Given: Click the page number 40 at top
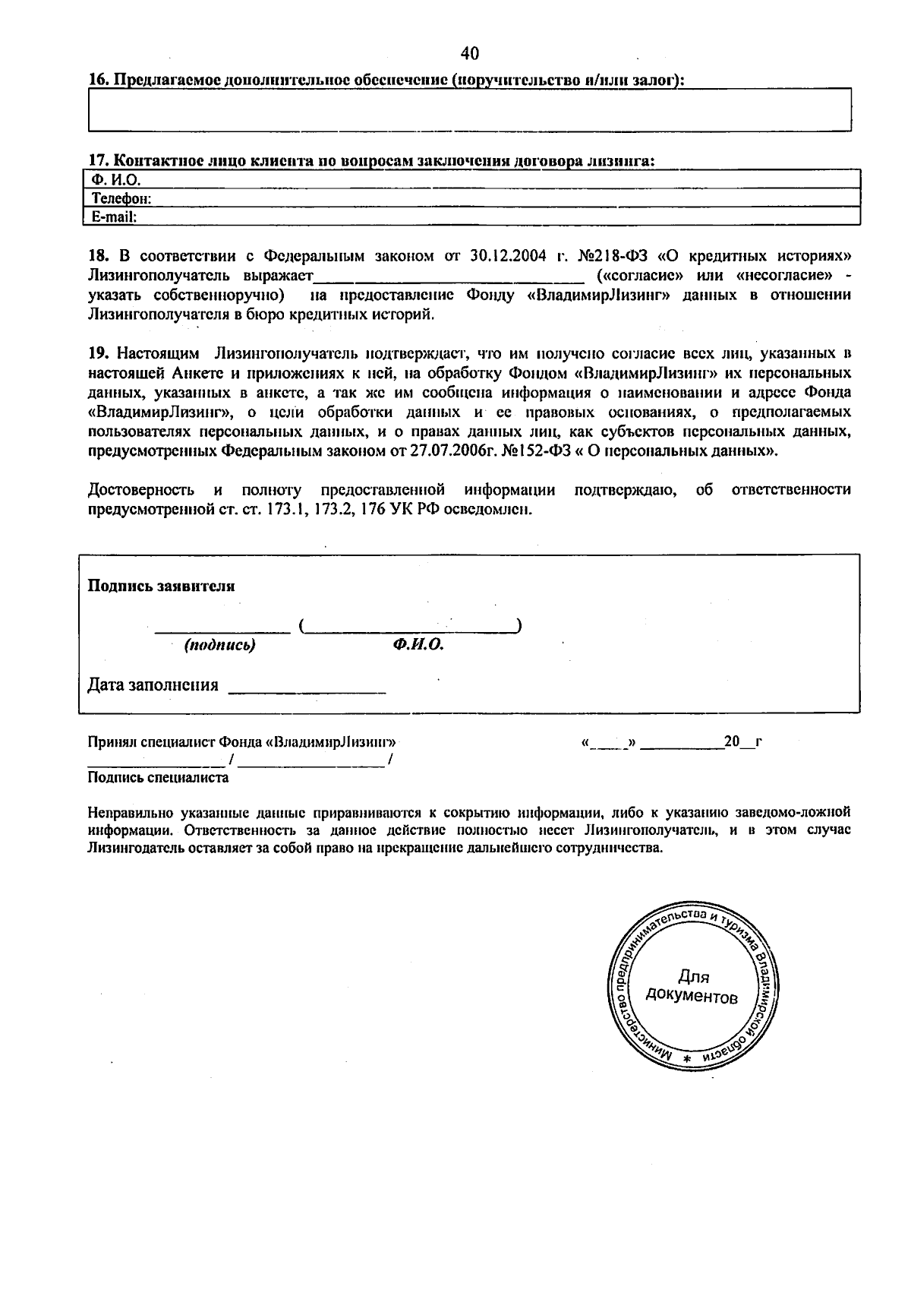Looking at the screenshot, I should [470, 53].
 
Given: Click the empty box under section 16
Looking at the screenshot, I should [470, 110].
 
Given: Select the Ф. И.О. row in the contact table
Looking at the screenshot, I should [116, 180].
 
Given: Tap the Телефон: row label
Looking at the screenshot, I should [121, 199].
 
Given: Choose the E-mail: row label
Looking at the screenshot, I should [114, 217].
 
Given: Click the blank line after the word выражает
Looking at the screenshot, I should [449, 274].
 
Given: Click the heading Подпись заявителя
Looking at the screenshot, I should [162, 586].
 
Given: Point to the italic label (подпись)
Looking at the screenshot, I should [219, 646].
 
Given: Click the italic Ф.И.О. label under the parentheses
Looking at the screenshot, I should [418, 646].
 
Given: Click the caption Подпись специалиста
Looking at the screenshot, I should [158, 778].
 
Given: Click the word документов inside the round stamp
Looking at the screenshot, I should [691, 996].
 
